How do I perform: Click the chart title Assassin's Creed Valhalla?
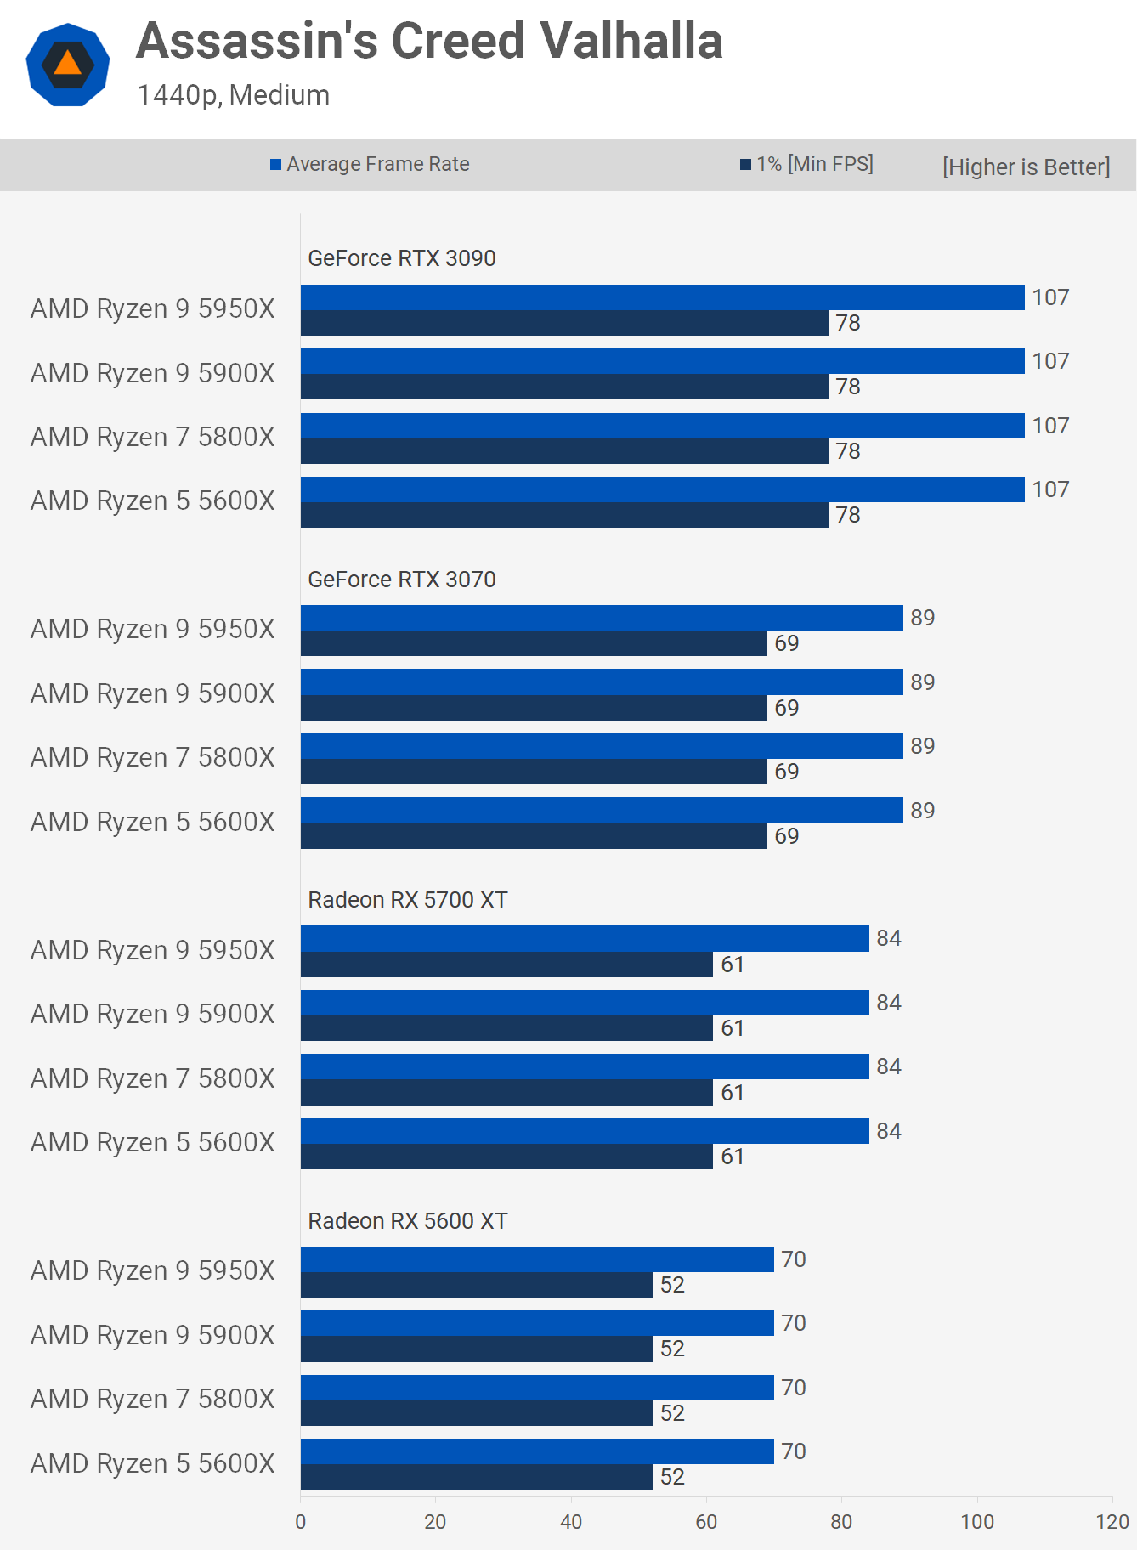coord(429,41)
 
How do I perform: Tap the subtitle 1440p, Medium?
coord(233,94)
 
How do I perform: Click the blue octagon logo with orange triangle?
coord(68,65)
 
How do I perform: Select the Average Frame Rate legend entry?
coord(370,164)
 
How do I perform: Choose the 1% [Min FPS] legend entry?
coord(806,164)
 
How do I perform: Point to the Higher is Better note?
coord(1026,167)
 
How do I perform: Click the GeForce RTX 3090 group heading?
coord(401,258)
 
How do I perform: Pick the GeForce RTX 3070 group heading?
coord(401,580)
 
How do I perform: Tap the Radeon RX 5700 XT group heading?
coord(407,900)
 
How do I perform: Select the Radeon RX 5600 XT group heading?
coord(407,1221)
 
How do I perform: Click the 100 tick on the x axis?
coord(976,1522)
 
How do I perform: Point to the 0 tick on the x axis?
coord(300,1522)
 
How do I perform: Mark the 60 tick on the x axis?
coord(706,1522)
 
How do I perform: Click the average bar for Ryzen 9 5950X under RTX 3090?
coord(662,297)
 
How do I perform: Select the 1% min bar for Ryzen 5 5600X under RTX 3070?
coord(534,836)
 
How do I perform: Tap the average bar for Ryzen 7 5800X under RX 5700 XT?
coord(585,1066)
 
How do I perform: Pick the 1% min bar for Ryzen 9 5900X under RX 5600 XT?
coord(476,1349)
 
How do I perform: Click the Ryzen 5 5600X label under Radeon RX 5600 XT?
coord(153,1463)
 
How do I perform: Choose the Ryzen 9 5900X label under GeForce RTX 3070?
coord(153,693)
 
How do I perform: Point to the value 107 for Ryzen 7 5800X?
coord(1050,426)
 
